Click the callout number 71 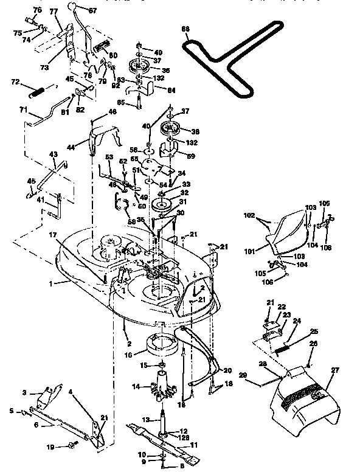24,109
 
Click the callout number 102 249,214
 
